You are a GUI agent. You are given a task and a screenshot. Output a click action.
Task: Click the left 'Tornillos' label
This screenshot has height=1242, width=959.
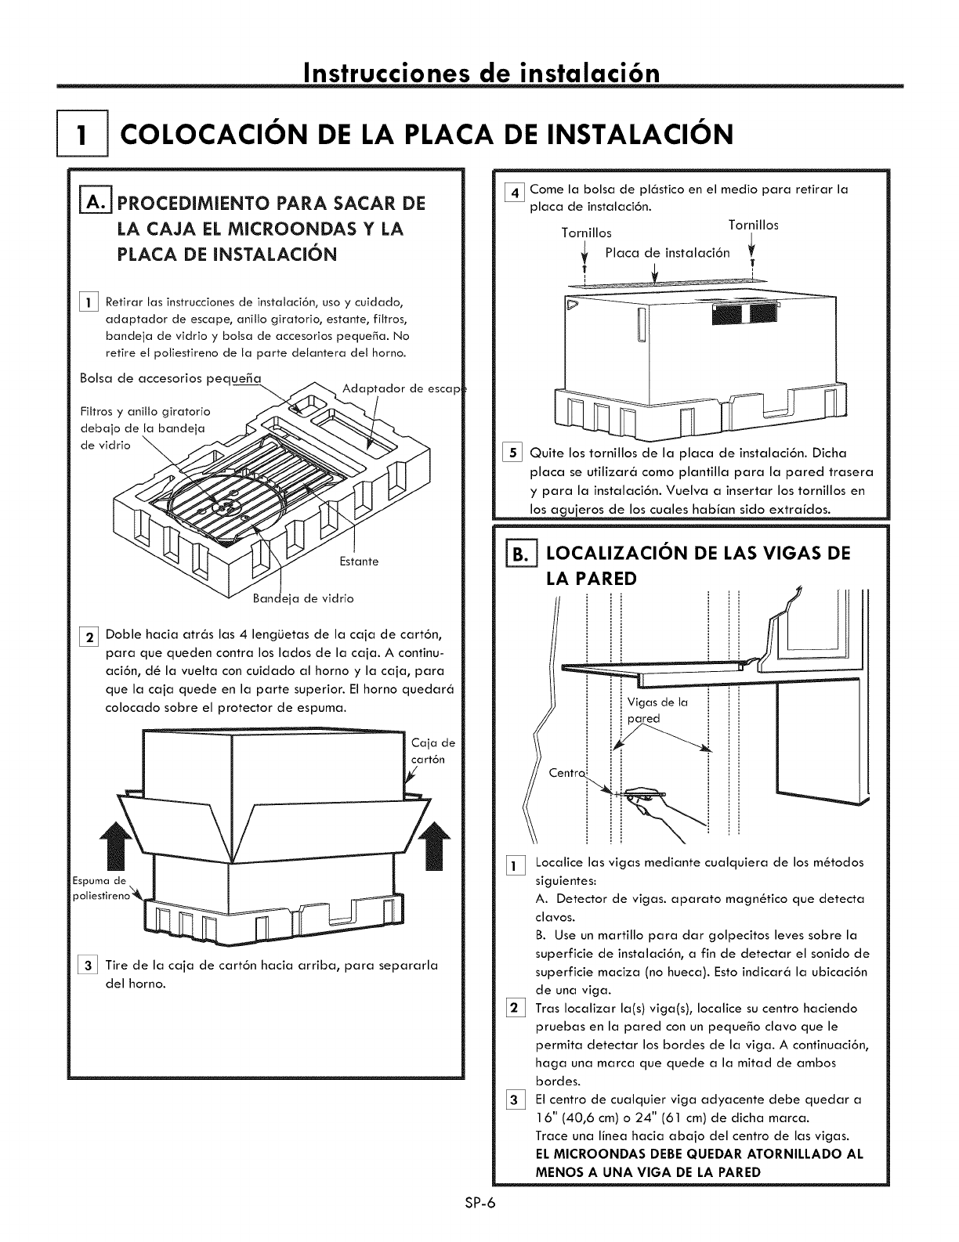pyautogui.click(x=587, y=233)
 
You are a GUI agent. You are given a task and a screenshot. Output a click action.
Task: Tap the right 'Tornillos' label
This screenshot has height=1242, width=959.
pyautogui.click(x=753, y=225)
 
